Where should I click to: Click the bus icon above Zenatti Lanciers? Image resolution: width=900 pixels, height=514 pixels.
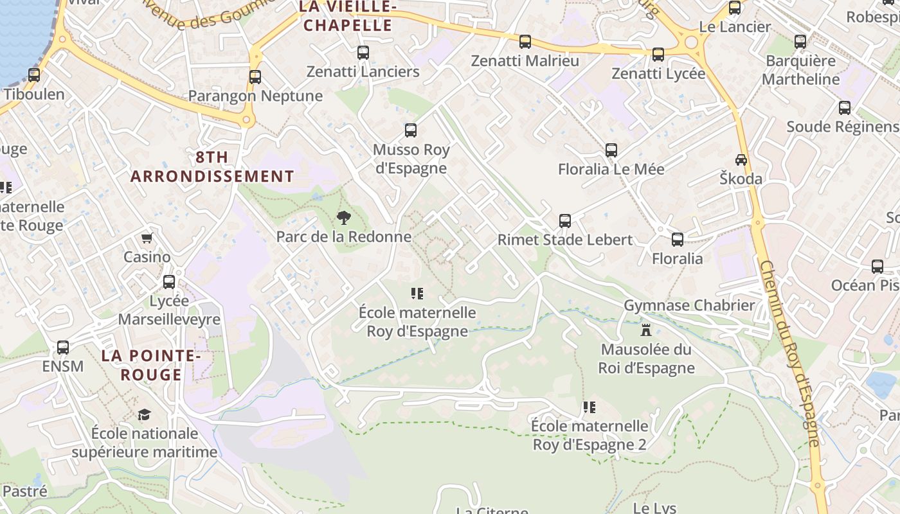[363, 53]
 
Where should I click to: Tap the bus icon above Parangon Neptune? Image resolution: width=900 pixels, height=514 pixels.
[255, 77]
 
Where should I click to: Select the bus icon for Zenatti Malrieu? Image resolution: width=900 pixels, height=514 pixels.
[525, 42]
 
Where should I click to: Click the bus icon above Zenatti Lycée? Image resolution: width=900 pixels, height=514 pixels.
[658, 55]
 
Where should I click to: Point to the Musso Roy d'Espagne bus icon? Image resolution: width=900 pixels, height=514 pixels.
[411, 130]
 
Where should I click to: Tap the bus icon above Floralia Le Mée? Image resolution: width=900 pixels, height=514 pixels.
[611, 150]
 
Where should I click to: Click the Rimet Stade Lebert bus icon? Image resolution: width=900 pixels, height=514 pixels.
[565, 221]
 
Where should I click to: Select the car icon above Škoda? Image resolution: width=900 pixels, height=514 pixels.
[741, 159]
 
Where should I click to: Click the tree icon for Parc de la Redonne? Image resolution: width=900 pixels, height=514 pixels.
[344, 218]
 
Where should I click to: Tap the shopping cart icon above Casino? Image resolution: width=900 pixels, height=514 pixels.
[147, 238]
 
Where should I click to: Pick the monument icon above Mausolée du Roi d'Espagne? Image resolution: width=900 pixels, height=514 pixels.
[647, 330]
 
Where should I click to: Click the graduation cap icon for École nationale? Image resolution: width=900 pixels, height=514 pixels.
[145, 414]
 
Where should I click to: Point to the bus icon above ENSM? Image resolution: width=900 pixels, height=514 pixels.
[63, 348]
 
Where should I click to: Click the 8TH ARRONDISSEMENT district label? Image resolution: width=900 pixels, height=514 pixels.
[213, 166]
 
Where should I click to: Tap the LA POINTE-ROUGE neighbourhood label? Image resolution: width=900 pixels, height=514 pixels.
[151, 365]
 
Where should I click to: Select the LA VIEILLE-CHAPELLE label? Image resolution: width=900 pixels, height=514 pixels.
[348, 16]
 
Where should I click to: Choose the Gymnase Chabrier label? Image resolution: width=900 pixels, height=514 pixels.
[689, 305]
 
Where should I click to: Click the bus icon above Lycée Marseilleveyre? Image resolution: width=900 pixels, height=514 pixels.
[169, 282]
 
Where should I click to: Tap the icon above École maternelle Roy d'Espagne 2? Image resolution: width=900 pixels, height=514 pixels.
[589, 407]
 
